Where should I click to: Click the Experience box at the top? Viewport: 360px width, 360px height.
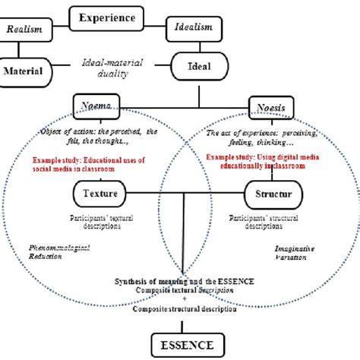point(108,17)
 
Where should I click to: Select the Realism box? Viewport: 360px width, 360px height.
point(24,28)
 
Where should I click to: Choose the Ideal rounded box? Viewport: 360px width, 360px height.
point(199,66)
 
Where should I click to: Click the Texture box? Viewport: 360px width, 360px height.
point(100,194)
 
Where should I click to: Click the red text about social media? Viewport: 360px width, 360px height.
point(89,166)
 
